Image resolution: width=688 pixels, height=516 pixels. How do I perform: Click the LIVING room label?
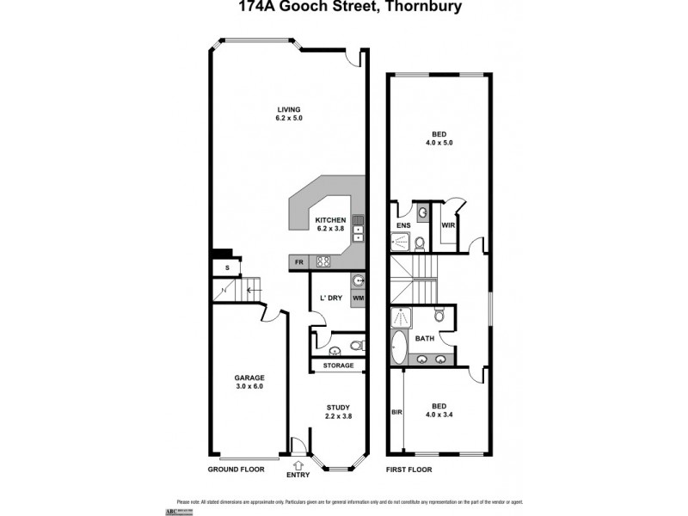[289, 109]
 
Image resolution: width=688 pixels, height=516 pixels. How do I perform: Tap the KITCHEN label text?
[330, 220]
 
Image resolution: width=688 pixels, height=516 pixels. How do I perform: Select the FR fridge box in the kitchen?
[299, 262]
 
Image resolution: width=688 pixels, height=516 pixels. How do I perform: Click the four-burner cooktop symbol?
[324, 262]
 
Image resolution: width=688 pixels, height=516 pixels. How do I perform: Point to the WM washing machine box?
[358, 298]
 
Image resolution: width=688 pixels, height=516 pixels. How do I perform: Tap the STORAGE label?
[338, 365]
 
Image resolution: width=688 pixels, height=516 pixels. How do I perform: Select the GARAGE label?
[249, 378]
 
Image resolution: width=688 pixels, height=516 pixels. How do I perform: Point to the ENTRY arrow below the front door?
[298, 464]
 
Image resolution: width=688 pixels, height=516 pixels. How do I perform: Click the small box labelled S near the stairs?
[227, 267]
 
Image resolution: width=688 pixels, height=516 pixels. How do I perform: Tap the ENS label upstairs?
[402, 226]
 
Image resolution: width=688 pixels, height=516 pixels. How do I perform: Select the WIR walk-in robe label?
[447, 226]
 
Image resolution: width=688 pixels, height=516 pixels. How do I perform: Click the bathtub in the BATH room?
[399, 347]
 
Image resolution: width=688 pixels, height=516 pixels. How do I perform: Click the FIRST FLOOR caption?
[408, 470]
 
